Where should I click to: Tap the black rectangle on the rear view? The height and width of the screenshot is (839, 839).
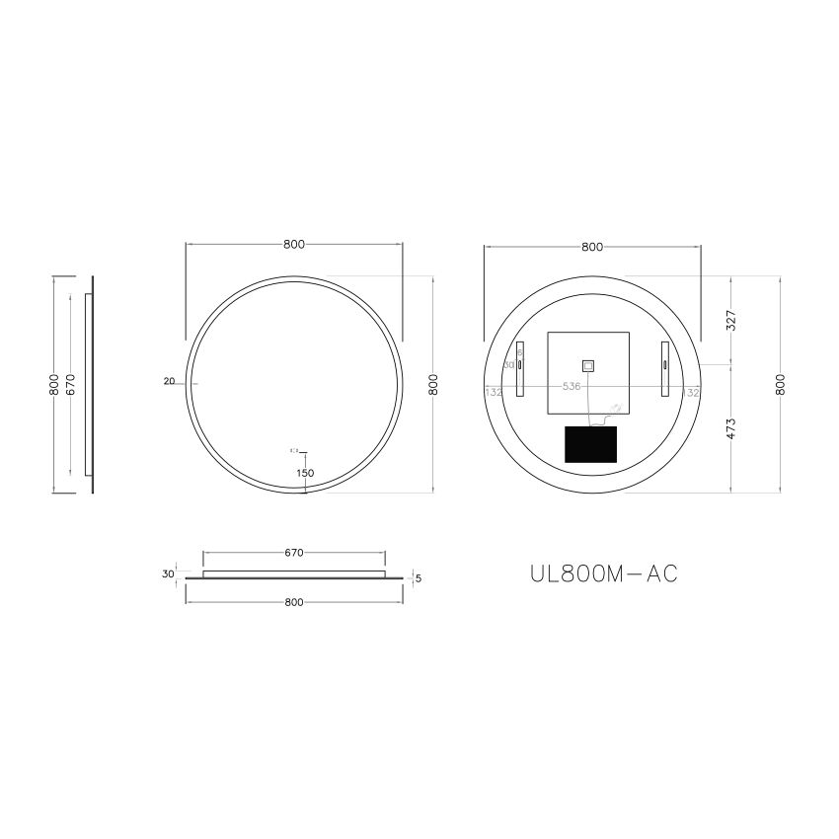[x=589, y=443]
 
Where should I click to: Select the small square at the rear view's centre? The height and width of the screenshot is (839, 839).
[x=587, y=365]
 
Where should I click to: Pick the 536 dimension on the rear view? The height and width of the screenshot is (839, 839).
[x=571, y=386]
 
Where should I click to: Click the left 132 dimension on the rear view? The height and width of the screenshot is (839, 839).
[x=495, y=392]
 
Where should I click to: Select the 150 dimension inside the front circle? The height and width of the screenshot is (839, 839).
[x=305, y=473]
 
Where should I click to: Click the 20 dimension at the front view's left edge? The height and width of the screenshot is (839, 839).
[x=169, y=381]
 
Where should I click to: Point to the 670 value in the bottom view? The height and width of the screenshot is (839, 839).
[x=293, y=553]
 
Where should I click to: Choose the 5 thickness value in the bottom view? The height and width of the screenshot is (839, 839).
[x=419, y=578]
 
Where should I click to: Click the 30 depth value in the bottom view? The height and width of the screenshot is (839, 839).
[x=168, y=573]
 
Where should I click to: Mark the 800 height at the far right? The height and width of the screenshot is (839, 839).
[x=781, y=385]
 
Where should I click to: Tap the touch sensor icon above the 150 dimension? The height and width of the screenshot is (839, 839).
[x=293, y=451]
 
